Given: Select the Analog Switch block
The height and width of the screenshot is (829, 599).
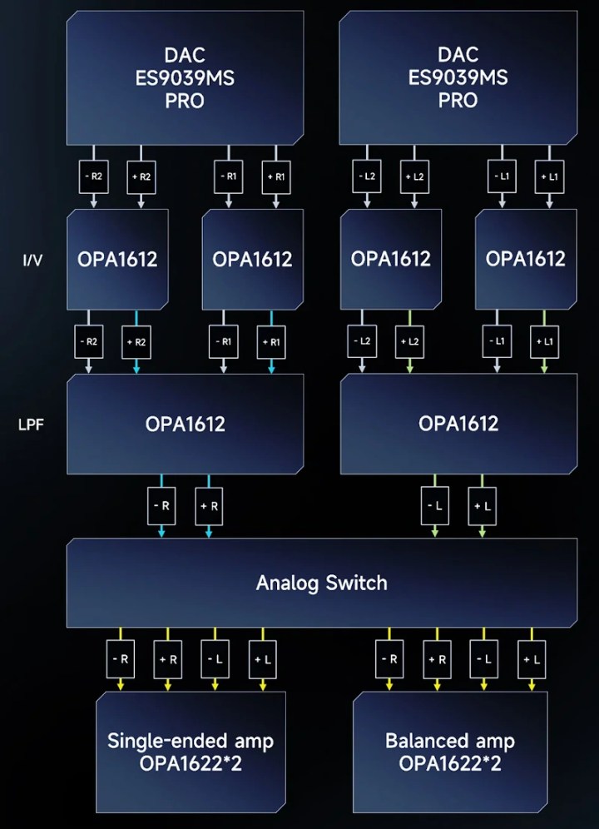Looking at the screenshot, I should click(x=321, y=582).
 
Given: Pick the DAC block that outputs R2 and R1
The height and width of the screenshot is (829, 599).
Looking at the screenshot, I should click(x=184, y=77).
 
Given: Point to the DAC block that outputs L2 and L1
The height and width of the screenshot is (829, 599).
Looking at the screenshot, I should click(x=458, y=77).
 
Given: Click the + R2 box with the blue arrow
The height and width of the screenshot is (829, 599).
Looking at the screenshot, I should click(x=139, y=341).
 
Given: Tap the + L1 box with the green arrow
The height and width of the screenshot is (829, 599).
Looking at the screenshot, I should click(x=544, y=341).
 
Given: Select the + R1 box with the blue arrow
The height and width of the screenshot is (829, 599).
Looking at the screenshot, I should click(x=272, y=341).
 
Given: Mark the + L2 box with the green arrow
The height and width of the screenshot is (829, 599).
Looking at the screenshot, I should click(x=408, y=341).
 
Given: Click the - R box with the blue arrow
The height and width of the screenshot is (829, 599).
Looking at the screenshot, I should click(x=161, y=506).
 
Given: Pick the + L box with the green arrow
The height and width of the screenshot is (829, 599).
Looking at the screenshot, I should click(x=482, y=506).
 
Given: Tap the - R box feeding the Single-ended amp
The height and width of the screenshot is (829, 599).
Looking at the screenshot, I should click(x=121, y=659).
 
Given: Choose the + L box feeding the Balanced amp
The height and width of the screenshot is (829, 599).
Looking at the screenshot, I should click(x=532, y=659).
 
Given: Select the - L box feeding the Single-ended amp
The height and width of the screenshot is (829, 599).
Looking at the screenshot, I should click(x=215, y=659).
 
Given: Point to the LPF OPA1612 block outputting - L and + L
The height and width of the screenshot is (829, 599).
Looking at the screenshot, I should click(x=458, y=424).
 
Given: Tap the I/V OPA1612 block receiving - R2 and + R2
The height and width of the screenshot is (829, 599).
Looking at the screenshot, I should click(x=117, y=259).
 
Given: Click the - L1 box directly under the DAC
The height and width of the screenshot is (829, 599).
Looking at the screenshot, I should click(x=499, y=177).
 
